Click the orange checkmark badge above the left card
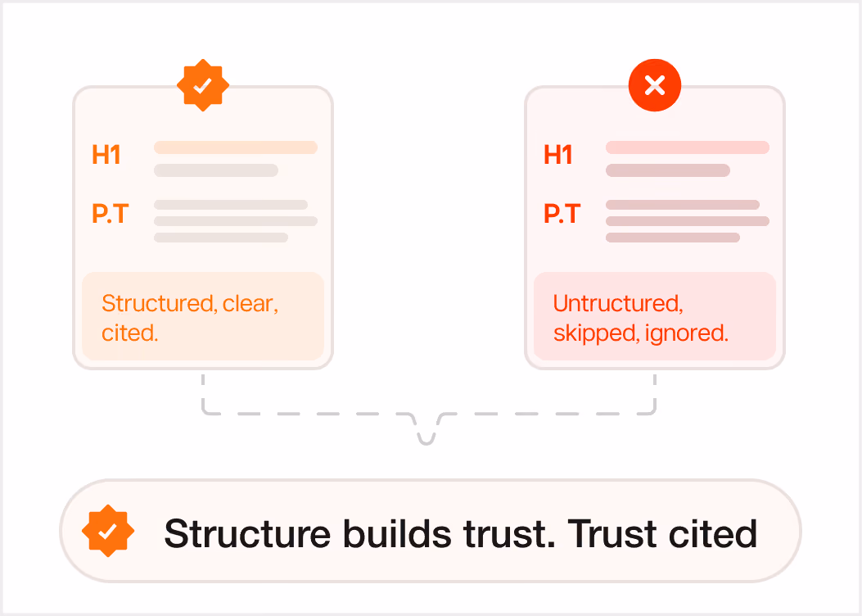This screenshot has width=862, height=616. [203, 85]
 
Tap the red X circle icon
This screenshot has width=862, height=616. [655, 85]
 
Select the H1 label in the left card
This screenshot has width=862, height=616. [106, 155]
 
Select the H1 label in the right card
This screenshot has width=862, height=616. [558, 155]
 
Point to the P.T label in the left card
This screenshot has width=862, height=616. [110, 214]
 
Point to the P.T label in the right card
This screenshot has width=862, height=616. [562, 214]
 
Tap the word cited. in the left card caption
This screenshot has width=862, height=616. [129, 333]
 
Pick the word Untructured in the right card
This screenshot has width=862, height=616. [618, 304]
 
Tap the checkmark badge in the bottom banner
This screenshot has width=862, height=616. [108, 531]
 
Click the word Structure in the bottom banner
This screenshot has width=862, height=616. [247, 533]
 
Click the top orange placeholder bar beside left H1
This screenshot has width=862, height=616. [236, 147]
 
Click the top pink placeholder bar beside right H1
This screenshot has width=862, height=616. [688, 147]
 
